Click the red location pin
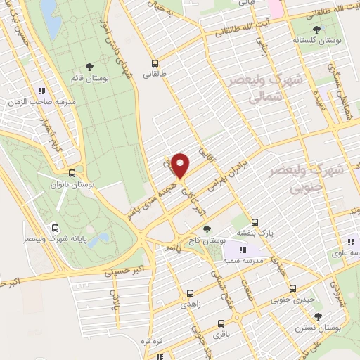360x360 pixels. [181, 165]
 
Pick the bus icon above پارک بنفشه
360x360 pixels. [256, 219]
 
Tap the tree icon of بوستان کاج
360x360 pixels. [206, 229]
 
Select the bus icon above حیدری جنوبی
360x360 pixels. [292, 289]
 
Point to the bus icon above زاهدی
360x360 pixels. [190, 294]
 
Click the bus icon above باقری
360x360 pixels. [221, 325]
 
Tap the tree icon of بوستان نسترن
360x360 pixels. [318, 316]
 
